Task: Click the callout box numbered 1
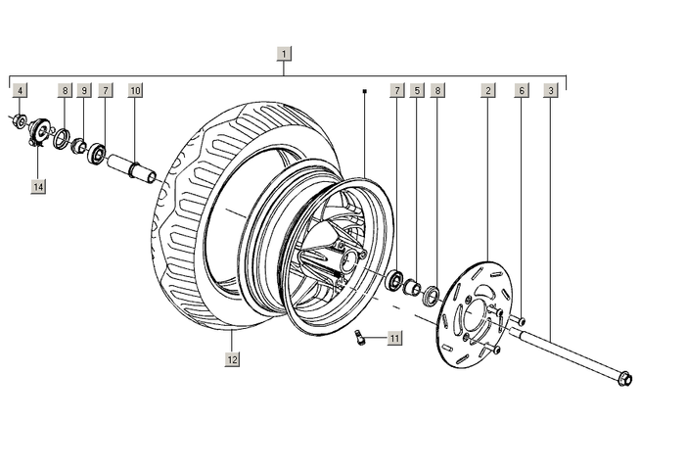(284, 54)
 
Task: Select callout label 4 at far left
(20, 90)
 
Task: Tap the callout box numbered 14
(38, 187)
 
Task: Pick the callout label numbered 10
(135, 90)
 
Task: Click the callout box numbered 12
(232, 359)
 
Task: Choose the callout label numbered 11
(394, 338)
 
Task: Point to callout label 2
(488, 90)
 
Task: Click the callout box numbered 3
(551, 90)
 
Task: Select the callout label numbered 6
(522, 90)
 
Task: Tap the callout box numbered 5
(417, 90)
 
